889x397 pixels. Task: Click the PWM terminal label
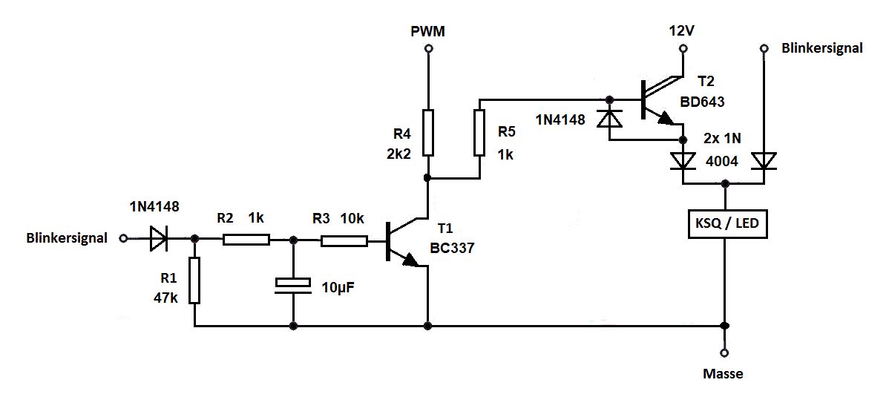[x=427, y=32]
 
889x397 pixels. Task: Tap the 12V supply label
[x=681, y=32]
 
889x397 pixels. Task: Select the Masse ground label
[x=723, y=374]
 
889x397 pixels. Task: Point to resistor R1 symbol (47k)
[x=194, y=280]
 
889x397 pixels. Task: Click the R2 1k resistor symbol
[x=246, y=240]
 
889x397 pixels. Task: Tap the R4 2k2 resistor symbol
[x=428, y=133]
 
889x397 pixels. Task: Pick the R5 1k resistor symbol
[x=479, y=133]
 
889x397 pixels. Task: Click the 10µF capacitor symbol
[x=293, y=286]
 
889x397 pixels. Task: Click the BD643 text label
[x=703, y=103]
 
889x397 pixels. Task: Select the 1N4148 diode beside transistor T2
[x=609, y=119]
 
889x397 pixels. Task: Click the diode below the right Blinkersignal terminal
[x=764, y=161]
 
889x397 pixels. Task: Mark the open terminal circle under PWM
[x=428, y=49]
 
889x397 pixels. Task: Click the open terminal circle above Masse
[x=724, y=352]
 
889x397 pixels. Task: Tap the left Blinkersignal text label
[x=67, y=238]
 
